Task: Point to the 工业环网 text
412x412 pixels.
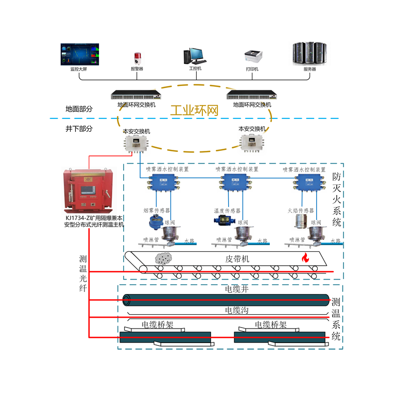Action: click(195, 111)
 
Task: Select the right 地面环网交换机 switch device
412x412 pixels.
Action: click(252, 95)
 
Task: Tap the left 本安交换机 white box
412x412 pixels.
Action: click(136, 143)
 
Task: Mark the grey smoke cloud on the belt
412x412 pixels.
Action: click(164, 258)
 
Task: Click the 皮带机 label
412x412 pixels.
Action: click(237, 259)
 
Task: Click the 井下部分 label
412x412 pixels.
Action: click(79, 129)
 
